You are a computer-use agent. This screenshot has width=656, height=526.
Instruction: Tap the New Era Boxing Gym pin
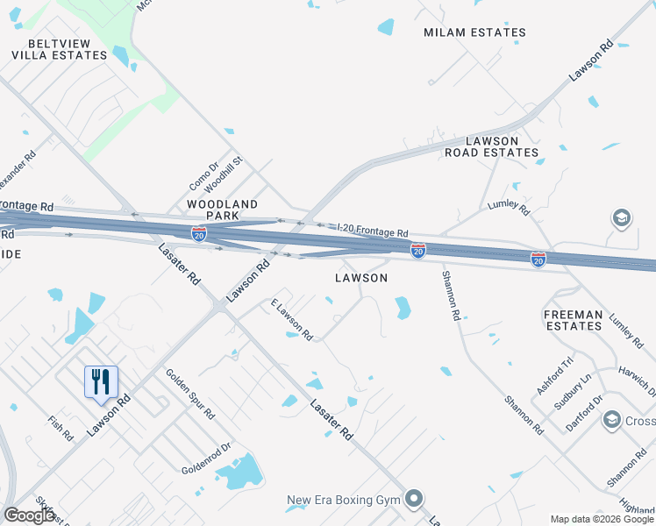pyautogui.click(x=415, y=500)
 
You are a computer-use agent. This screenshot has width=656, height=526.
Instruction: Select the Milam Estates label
pyautogui.click(x=474, y=32)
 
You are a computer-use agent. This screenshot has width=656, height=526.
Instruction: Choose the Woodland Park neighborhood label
pyautogui.click(x=222, y=210)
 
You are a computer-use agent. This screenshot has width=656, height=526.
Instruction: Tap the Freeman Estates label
pyautogui.click(x=573, y=320)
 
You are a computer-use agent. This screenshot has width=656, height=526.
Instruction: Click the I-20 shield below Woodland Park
pyautogui.click(x=200, y=233)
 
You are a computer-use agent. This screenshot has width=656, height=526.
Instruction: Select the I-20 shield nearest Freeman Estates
pyautogui.click(x=538, y=259)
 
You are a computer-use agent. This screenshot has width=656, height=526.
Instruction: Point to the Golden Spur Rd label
pyautogui.click(x=189, y=394)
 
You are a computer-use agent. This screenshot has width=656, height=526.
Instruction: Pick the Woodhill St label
pyautogui.click(x=231, y=174)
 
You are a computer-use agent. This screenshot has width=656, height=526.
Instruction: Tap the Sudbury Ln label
pyautogui.click(x=576, y=387)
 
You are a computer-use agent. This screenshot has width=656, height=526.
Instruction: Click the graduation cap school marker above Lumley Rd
pyautogui.click(x=621, y=218)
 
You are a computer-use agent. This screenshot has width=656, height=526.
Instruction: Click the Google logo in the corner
pyautogui.click(x=30, y=515)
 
